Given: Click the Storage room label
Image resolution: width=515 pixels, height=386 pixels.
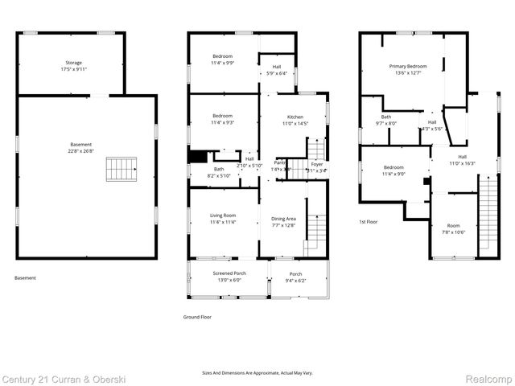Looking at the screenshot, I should click(x=73, y=62).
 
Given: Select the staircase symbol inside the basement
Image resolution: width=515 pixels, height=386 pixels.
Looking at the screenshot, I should click(x=122, y=169).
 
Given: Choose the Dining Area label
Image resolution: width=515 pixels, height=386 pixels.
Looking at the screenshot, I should click(x=284, y=219).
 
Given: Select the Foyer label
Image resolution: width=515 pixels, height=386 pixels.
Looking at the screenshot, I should click(x=317, y=164).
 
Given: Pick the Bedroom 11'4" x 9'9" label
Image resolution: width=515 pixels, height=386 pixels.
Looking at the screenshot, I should click(x=223, y=59).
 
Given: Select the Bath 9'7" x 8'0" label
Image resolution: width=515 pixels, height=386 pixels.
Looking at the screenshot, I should click(x=386, y=120).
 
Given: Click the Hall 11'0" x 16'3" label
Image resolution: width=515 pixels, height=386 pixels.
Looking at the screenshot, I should click(x=462, y=160).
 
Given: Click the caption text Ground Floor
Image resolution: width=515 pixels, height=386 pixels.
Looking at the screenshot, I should click(x=196, y=318).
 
